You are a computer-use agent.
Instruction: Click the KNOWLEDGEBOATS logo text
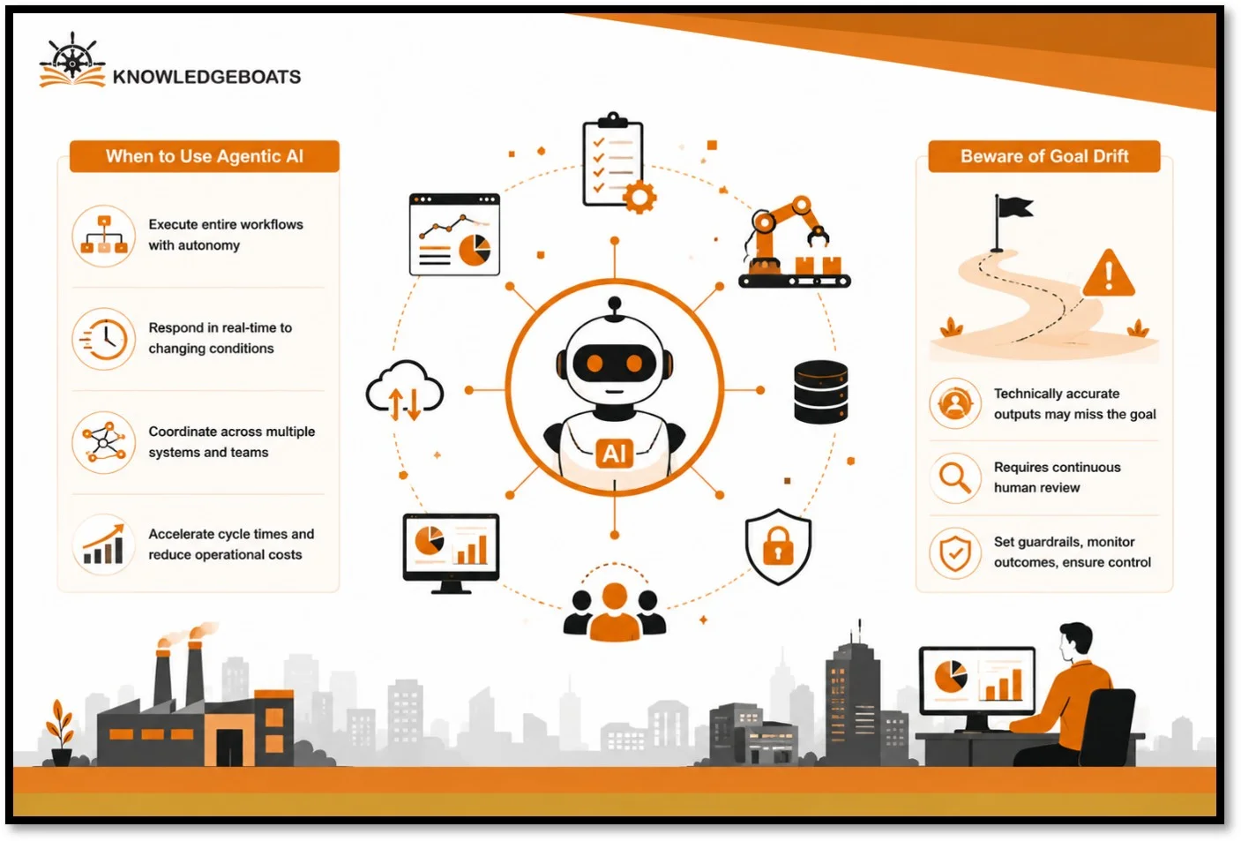[206, 77]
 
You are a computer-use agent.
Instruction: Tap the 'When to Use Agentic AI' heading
[205, 156]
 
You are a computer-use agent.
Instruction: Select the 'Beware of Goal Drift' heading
[1044, 156]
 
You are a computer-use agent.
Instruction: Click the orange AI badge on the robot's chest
[615, 454]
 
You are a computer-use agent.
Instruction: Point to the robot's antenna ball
[615, 304]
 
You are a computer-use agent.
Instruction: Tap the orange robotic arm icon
[794, 241]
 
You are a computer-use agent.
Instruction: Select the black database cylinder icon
[820, 392]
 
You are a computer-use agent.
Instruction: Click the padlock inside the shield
[779, 545]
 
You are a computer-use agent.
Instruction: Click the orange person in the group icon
[615, 612]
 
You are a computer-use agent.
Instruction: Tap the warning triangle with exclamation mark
[1109, 274]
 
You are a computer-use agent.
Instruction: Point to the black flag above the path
[1013, 208]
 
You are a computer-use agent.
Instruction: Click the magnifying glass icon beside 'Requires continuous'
[955, 478]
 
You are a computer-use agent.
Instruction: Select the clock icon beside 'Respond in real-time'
[104, 339]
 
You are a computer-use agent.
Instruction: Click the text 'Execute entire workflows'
[226, 224]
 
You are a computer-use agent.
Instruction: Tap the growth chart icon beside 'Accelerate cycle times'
[104, 544]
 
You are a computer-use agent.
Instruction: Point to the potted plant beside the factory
[61, 732]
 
